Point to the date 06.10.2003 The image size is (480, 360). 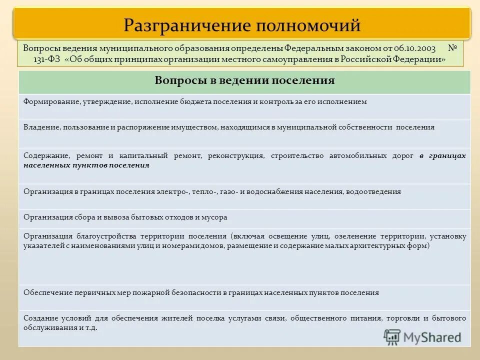click(414, 49)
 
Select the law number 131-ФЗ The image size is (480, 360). click(36, 59)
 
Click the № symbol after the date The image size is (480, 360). click(453, 49)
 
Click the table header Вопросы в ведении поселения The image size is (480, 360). click(244, 80)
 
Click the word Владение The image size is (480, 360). click(41, 127)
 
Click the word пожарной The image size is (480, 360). click(136, 292)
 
